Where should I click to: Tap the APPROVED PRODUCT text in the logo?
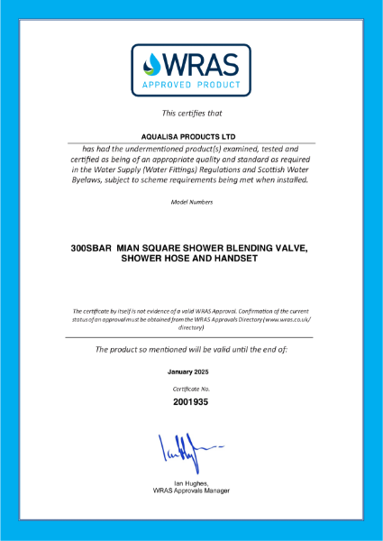pyautogui.click(x=191, y=87)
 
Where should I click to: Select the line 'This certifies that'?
pyautogui.click(x=191, y=114)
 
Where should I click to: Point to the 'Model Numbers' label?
pyautogui.click(x=191, y=202)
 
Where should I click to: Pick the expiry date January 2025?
pyautogui.click(x=191, y=371)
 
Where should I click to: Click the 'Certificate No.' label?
pyautogui.click(x=191, y=388)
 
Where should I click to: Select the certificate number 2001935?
pyautogui.click(x=191, y=402)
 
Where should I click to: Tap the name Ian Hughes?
pyautogui.click(x=191, y=482)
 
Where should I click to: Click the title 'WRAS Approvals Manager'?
pyautogui.click(x=191, y=491)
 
